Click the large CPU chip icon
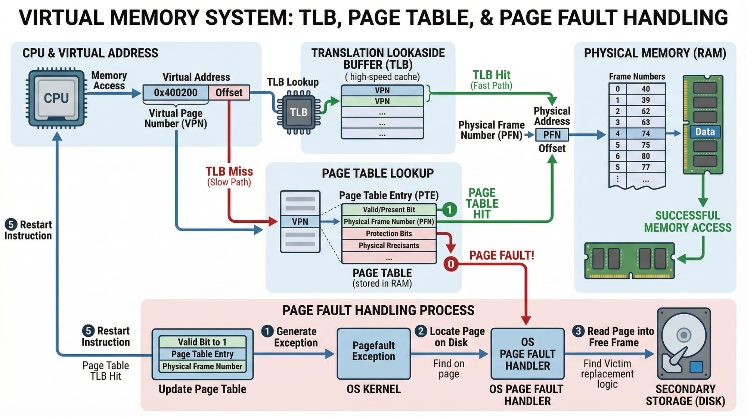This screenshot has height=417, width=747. pos(56,98)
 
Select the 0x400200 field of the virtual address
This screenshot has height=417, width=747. pos(176,92)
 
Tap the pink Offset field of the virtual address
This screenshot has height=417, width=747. pos(229,92)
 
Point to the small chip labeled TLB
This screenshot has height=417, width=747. pos(298,112)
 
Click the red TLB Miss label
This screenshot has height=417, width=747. pos(229,172)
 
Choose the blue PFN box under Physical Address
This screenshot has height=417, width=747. pos(552,135)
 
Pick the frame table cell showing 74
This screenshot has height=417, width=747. pos(645,133)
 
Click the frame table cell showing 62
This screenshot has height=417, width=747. pos(645,111)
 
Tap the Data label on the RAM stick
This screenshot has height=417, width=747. pos(705,132)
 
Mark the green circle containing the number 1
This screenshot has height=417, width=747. pos(450,209)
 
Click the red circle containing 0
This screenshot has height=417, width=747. pos(451,264)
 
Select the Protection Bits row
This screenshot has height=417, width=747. pos(389,234)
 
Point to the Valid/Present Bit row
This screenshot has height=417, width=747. pos(389,210)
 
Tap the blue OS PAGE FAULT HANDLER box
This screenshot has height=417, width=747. pos(527,353)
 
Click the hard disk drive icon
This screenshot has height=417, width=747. pos(684,344)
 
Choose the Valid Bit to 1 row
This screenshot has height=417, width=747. pos(202,342)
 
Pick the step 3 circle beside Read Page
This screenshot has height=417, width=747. pos(578,331)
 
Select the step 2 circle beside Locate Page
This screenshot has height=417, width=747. pos(421,331)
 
